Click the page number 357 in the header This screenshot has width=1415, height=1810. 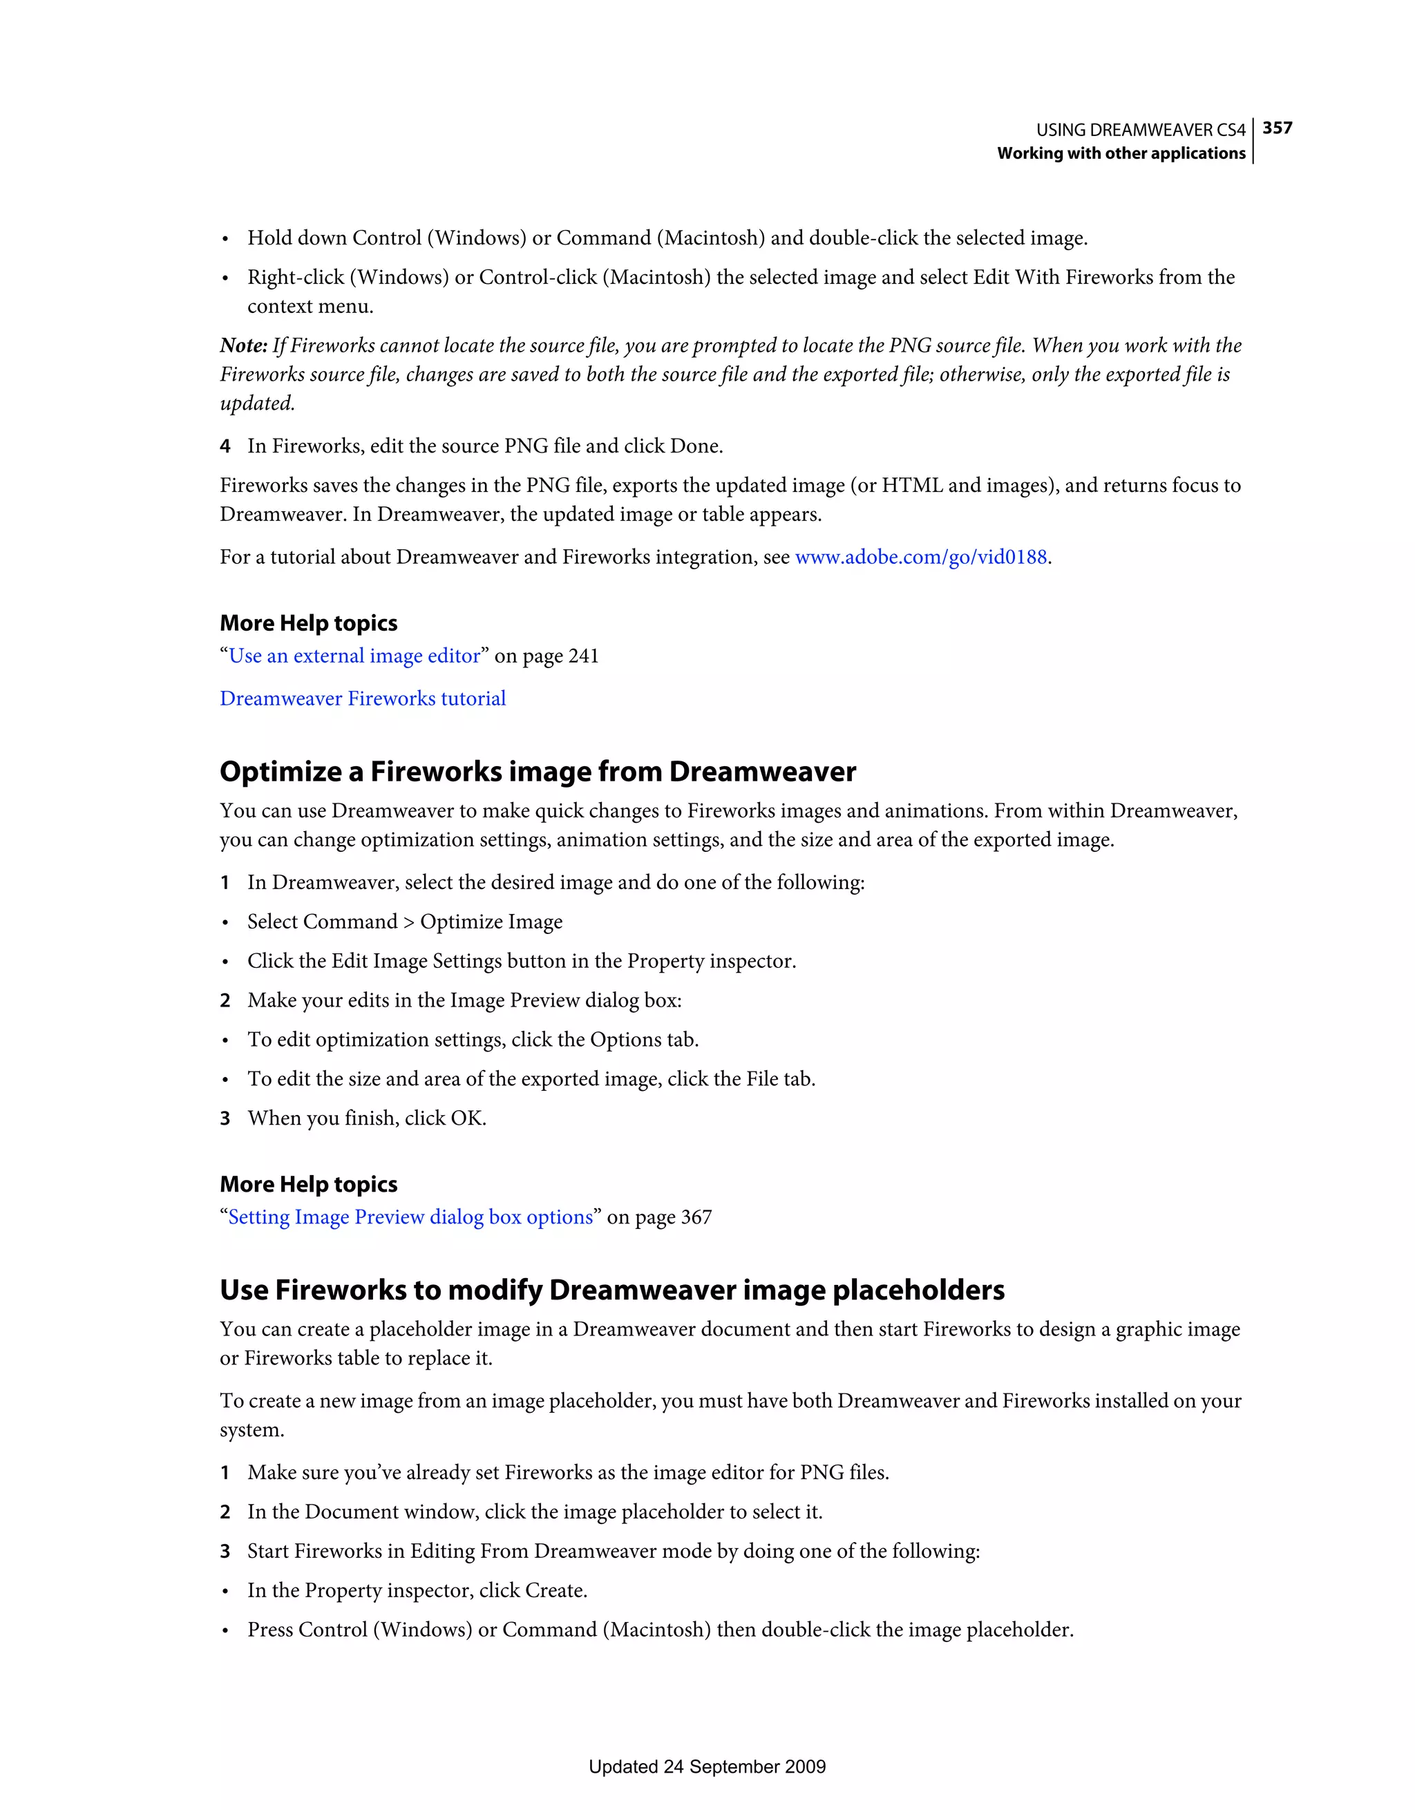pos(1277,128)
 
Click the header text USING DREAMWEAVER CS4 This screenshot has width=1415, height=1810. pos(1140,130)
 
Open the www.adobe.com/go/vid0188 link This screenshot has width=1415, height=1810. pos(920,557)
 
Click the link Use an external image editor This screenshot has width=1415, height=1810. pos(354,656)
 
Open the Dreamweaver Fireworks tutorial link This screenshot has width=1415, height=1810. pos(362,698)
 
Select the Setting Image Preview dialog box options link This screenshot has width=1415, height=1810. pos(410,1217)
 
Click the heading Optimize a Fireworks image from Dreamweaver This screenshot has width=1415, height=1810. pos(537,772)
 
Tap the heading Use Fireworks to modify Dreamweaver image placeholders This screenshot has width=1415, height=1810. pos(611,1290)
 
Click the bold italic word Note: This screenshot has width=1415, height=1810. pos(243,345)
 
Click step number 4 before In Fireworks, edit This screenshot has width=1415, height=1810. pos(225,447)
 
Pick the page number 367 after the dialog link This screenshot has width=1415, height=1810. pos(696,1217)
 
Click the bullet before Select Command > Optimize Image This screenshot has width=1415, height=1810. pos(225,923)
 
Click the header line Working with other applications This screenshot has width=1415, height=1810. pos(1121,153)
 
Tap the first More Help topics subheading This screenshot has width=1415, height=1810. pos(308,623)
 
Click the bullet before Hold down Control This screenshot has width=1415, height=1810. pos(225,240)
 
